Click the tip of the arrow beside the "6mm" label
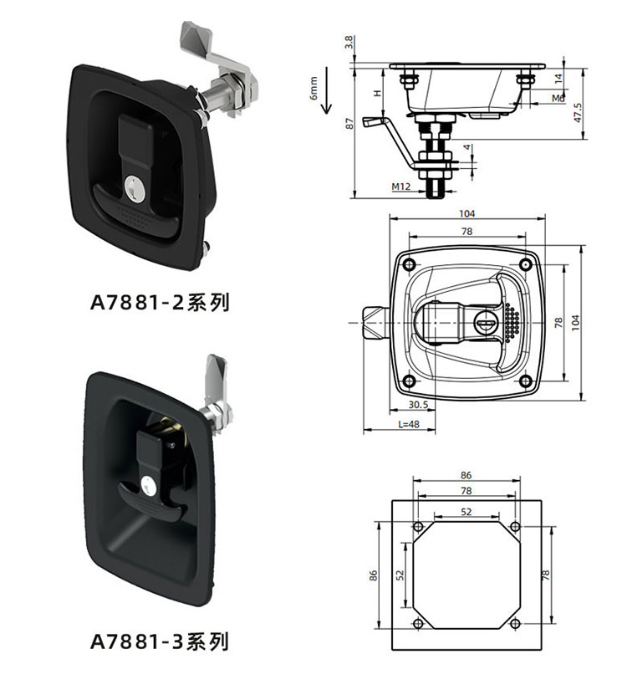tap(327, 114)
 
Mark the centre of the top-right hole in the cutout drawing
tap(515, 526)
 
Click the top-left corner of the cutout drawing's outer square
tap(392, 501)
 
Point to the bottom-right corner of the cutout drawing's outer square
tap(542, 650)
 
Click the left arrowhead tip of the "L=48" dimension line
tap(364, 430)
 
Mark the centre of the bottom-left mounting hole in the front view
tap(409, 381)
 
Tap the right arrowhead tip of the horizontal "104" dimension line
tap(545, 218)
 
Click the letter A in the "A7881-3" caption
tap(97, 642)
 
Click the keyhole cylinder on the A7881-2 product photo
tap(135, 189)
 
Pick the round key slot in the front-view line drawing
tap(485, 324)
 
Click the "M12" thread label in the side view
tap(400, 187)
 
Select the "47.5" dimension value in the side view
tap(578, 113)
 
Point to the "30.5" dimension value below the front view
tap(418, 405)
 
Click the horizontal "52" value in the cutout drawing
tap(466, 512)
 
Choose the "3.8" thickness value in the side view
tap(349, 43)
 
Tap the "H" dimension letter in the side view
tap(377, 93)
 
